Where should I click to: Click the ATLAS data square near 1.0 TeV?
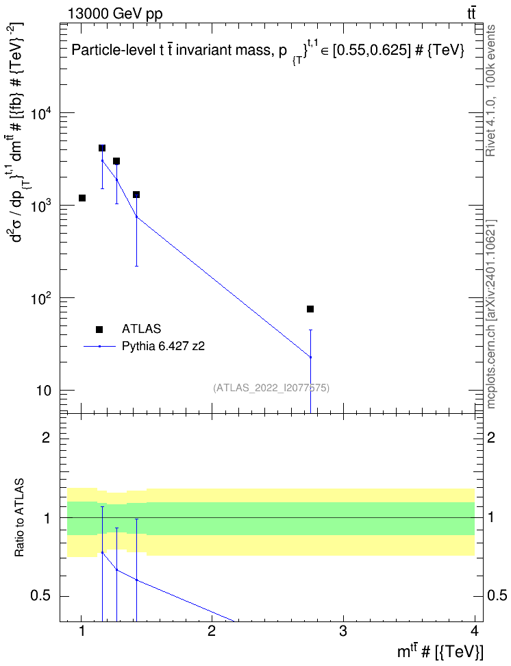pos(82,198)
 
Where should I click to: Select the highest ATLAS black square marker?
pos(102,148)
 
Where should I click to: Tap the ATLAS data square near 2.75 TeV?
pos(310,309)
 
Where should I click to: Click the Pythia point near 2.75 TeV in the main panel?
pos(310,357)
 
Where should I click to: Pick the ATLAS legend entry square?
pos(99,329)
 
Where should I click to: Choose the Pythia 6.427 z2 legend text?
pos(163,346)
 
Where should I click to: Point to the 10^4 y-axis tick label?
pos(40,114)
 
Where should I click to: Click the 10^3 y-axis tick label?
pos(40,207)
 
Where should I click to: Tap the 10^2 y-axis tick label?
pos(40,299)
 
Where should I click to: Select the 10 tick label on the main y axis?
pos(43,391)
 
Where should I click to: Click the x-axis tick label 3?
pos(342,631)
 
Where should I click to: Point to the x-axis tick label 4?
pos(475,631)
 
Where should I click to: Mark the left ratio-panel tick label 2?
pos(46,437)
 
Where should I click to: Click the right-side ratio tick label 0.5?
pos(496,596)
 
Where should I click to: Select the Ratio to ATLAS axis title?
pos(20,518)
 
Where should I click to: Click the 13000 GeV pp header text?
pos(115,14)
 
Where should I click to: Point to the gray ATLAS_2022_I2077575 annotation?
pos(271,388)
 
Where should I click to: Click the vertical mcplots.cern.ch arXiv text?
pos(491,314)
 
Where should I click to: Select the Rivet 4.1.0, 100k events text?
pos(490,90)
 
